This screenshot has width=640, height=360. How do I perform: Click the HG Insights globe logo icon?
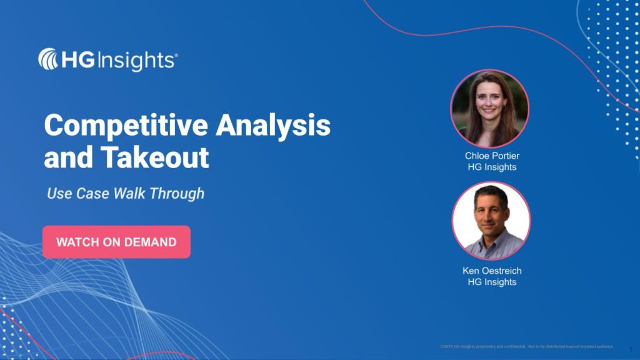click(x=48, y=59)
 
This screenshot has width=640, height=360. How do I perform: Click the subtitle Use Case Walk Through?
click(x=126, y=194)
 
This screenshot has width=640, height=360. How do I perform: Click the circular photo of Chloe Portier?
click(x=490, y=108)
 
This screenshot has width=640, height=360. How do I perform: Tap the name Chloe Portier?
click(x=492, y=156)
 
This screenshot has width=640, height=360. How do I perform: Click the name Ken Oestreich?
click(x=492, y=271)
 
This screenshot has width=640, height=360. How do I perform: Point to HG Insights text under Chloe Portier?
click(x=492, y=167)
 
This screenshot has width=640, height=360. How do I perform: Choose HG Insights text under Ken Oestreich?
click(x=492, y=282)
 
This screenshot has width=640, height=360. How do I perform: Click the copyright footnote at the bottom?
click(x=527, y=346)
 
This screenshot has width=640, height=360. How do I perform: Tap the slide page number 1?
click(x=631, y=349)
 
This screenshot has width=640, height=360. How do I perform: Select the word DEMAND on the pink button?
click(x=151, y=242)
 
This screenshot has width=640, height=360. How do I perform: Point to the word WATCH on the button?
click(x=74, y=242)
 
